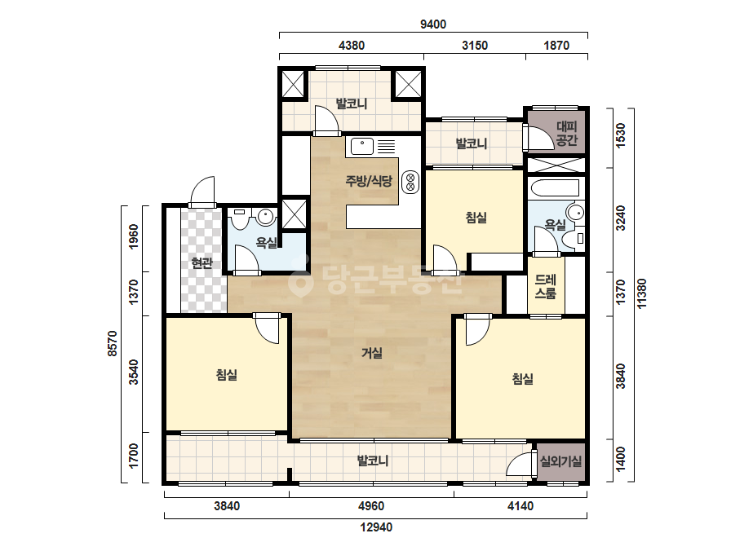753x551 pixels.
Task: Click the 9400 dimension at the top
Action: [x=433, y=24]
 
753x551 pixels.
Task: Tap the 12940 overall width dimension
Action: [x=376, y=527]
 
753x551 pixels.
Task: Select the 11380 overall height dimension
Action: [x=642, y=293]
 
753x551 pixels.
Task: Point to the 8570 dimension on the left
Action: [x=113, y=343]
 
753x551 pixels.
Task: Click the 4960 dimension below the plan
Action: [x=371, y=506]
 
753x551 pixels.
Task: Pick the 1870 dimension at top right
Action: [x=556, y=46]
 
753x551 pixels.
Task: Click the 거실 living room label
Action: [x=372, y=353]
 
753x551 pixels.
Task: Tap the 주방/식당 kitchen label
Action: [x=369, y=181]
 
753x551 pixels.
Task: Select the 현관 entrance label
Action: [x=202, y=262]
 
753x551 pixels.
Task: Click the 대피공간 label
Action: [x=567, y=134]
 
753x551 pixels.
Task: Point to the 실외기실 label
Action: [x=560, y=461]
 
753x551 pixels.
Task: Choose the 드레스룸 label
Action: [x=546, y=287]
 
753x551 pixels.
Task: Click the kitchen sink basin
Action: [x=362, y=146]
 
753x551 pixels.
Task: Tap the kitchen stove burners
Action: [x=410, y=182]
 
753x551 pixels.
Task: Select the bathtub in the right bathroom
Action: [x=554, y=188]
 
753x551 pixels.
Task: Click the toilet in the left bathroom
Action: [x=239, y=219]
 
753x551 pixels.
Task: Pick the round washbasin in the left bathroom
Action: [x=266, y=217]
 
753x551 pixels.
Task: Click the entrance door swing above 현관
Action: [x=202, y=192]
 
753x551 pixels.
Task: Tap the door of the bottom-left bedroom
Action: [x=267, y=328]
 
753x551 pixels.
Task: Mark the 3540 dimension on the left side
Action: [x=134, y=372]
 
